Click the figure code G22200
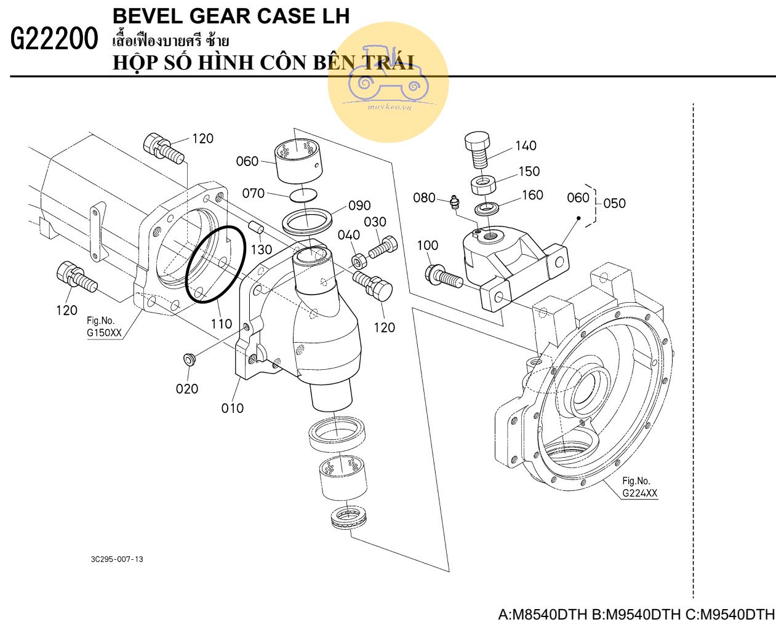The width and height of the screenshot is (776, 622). click(54, 40)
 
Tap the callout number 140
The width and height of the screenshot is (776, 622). click(526, 146)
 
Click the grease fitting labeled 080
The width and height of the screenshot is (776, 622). click(454, 202)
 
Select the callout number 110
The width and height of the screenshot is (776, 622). click(222, 323)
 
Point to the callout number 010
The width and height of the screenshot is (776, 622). click(233, 408)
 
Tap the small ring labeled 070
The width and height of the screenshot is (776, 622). click(303, 194)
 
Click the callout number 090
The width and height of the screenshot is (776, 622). click(359, 205)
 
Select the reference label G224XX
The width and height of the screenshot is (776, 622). click(639, 493)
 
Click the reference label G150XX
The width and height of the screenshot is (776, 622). click(104, 333)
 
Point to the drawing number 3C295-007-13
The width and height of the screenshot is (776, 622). click(117, 559)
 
